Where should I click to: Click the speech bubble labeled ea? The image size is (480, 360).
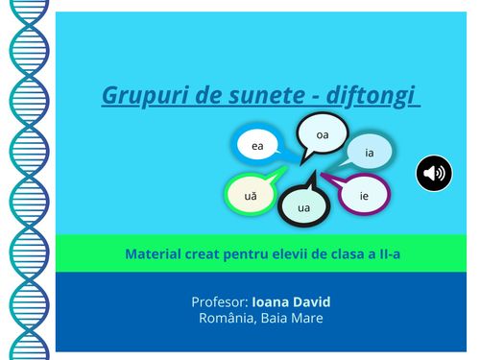pyautogui.click(x=257, y=146)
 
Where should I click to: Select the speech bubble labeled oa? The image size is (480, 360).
pyautogui.click(x=323, y=135)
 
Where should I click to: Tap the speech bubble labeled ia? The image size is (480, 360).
pyautogui.click(x=370, y=152)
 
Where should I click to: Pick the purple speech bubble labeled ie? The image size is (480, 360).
pyautogui.click(x=365, y=195)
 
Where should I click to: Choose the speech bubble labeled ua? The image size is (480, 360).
pyautogui.click(x=304, y=205)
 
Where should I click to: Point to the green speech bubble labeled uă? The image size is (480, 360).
pyautogui.click(x=251, y=195)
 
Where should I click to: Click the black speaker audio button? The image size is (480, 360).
pyautogui.click(x=434, y=173)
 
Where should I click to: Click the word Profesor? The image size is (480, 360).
pyautogui.click(x=219, y=301)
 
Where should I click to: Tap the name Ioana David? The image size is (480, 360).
pyautogui.click(x=291, y=301)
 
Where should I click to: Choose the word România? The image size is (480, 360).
pyautogui.click(x=226, y=318)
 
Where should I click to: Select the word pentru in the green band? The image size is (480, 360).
pyautogui.click(x=257, y=254)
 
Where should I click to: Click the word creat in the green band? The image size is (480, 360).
pyautogui.click(x=210, y=254)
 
